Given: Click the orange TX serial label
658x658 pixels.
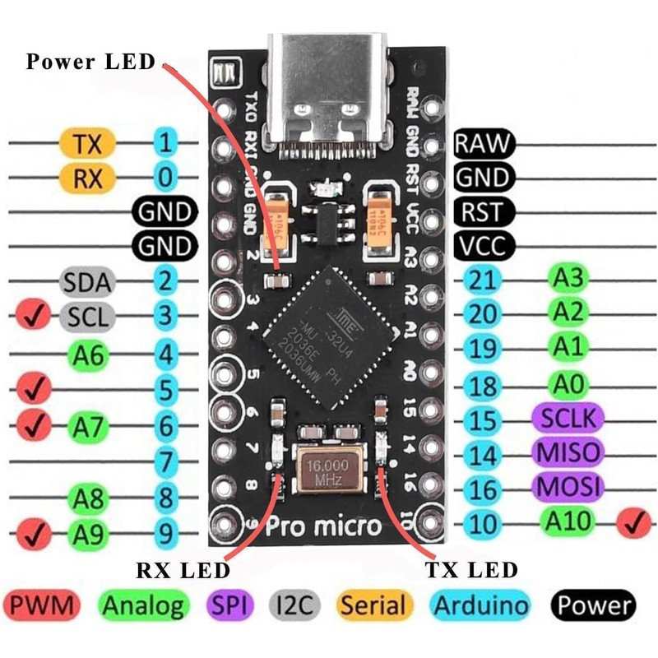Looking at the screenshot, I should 87,143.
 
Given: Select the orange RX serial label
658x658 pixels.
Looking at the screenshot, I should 87,177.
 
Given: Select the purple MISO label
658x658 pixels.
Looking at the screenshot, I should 568,452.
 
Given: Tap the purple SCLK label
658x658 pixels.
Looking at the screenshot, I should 568,417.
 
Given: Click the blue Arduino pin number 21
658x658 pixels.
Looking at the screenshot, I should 484,280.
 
